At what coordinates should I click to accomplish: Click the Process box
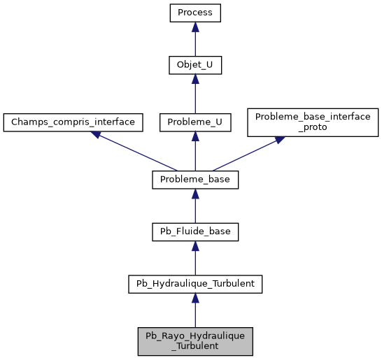(195, 13)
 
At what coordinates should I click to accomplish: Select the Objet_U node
(195, 66)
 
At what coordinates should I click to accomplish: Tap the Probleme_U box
(195, 122)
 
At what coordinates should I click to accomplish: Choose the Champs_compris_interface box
(73, 122)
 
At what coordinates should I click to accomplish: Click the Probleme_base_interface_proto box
(313, 122)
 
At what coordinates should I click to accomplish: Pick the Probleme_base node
(195, 180)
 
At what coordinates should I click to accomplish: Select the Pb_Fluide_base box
(195, 231)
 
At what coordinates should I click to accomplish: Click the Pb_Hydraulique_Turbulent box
(195, 284)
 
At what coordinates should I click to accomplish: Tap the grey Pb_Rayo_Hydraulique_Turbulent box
(195, 341)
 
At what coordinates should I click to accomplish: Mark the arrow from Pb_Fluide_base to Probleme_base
(195, 207)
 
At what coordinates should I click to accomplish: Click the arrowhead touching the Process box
(195, 27)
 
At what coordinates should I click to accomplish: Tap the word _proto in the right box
(313, 128)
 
